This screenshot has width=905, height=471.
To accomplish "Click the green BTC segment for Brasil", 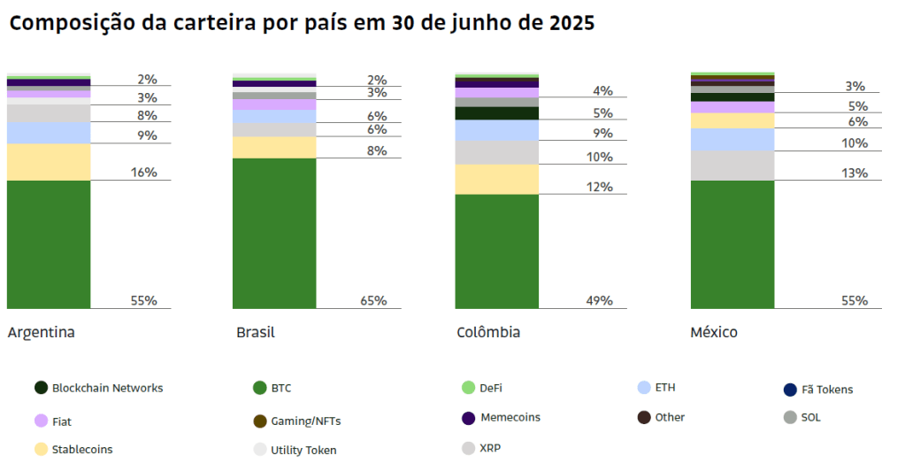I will click(x=274, y=233).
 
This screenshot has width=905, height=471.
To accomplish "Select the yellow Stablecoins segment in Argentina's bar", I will click(x=49, y=162).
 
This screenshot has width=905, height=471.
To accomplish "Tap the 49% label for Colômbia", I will click(x=599, y=300).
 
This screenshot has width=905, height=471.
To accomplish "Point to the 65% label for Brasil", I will click(x=373, y=300).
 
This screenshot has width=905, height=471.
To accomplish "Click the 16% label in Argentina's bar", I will click(x=143, y=172).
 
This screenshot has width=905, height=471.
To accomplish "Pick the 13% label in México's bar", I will click(x=855, y=173).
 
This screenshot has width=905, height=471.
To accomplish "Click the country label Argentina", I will click(x=41, y=333).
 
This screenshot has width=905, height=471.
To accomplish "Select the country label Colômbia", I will click(x=488, y=333).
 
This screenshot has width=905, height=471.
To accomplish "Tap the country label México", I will click(x=714, y=333).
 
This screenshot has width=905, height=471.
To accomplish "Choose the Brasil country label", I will click(x=256, y=333).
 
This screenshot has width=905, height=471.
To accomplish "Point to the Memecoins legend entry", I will click(x=510, y=417).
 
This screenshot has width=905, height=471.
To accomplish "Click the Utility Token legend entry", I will click(x=303, y=450).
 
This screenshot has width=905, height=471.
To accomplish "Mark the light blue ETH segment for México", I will click(x=732, y=139).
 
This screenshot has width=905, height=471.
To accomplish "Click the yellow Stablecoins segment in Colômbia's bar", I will click(x=497, y=179).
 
